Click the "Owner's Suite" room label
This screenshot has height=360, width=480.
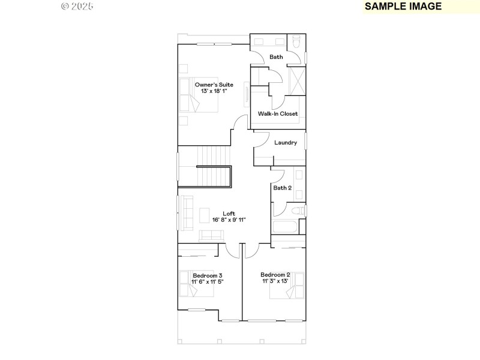(x=214, y=85)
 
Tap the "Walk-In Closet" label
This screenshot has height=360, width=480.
(x=278, y=113)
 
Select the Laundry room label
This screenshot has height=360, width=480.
(x=286, y=143)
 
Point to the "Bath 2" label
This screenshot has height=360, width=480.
(x=283, y=188)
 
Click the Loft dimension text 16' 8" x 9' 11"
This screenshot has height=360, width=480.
(x=229, y=220)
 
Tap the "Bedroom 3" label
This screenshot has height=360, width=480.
(x=207, y=275)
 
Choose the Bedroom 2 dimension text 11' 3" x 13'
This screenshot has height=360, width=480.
(x=275, y=281)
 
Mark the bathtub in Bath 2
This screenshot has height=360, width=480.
(x=284, y=227)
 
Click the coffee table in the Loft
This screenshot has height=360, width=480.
(x=205, y=215)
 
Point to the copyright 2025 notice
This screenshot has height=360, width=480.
(x=77, y=7)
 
